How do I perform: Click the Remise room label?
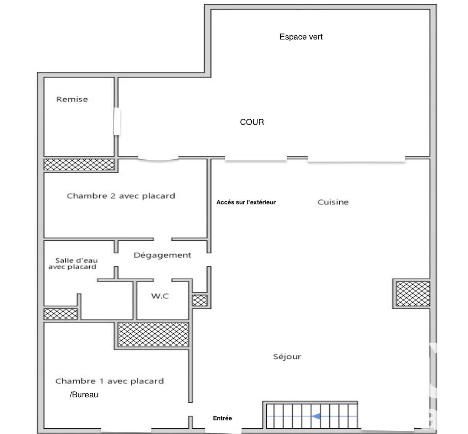tap(72, 99)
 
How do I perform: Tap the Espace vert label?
tap(301, 37)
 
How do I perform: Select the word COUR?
tap(252, 122)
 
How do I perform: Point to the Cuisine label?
tap(333, 202)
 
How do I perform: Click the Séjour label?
tap(287, 356)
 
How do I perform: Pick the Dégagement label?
tap(163, 255)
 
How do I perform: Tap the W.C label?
tap(160, 296)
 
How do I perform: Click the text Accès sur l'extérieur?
tap(246, 202)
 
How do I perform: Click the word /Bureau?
tap(84, 395)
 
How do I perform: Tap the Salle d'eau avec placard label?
tap(73, 264)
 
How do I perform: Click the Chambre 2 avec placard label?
tap(121, 196)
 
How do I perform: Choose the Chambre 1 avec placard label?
tap(110, 381)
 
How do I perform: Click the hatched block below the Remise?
tap(79, 164)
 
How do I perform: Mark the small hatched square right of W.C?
tap(200, 301)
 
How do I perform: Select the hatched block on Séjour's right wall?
tap(413, 294)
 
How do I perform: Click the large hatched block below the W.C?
tap(153, 334)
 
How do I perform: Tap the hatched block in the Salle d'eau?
tap(60, 314)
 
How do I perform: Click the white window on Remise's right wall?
tap(117, 121)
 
